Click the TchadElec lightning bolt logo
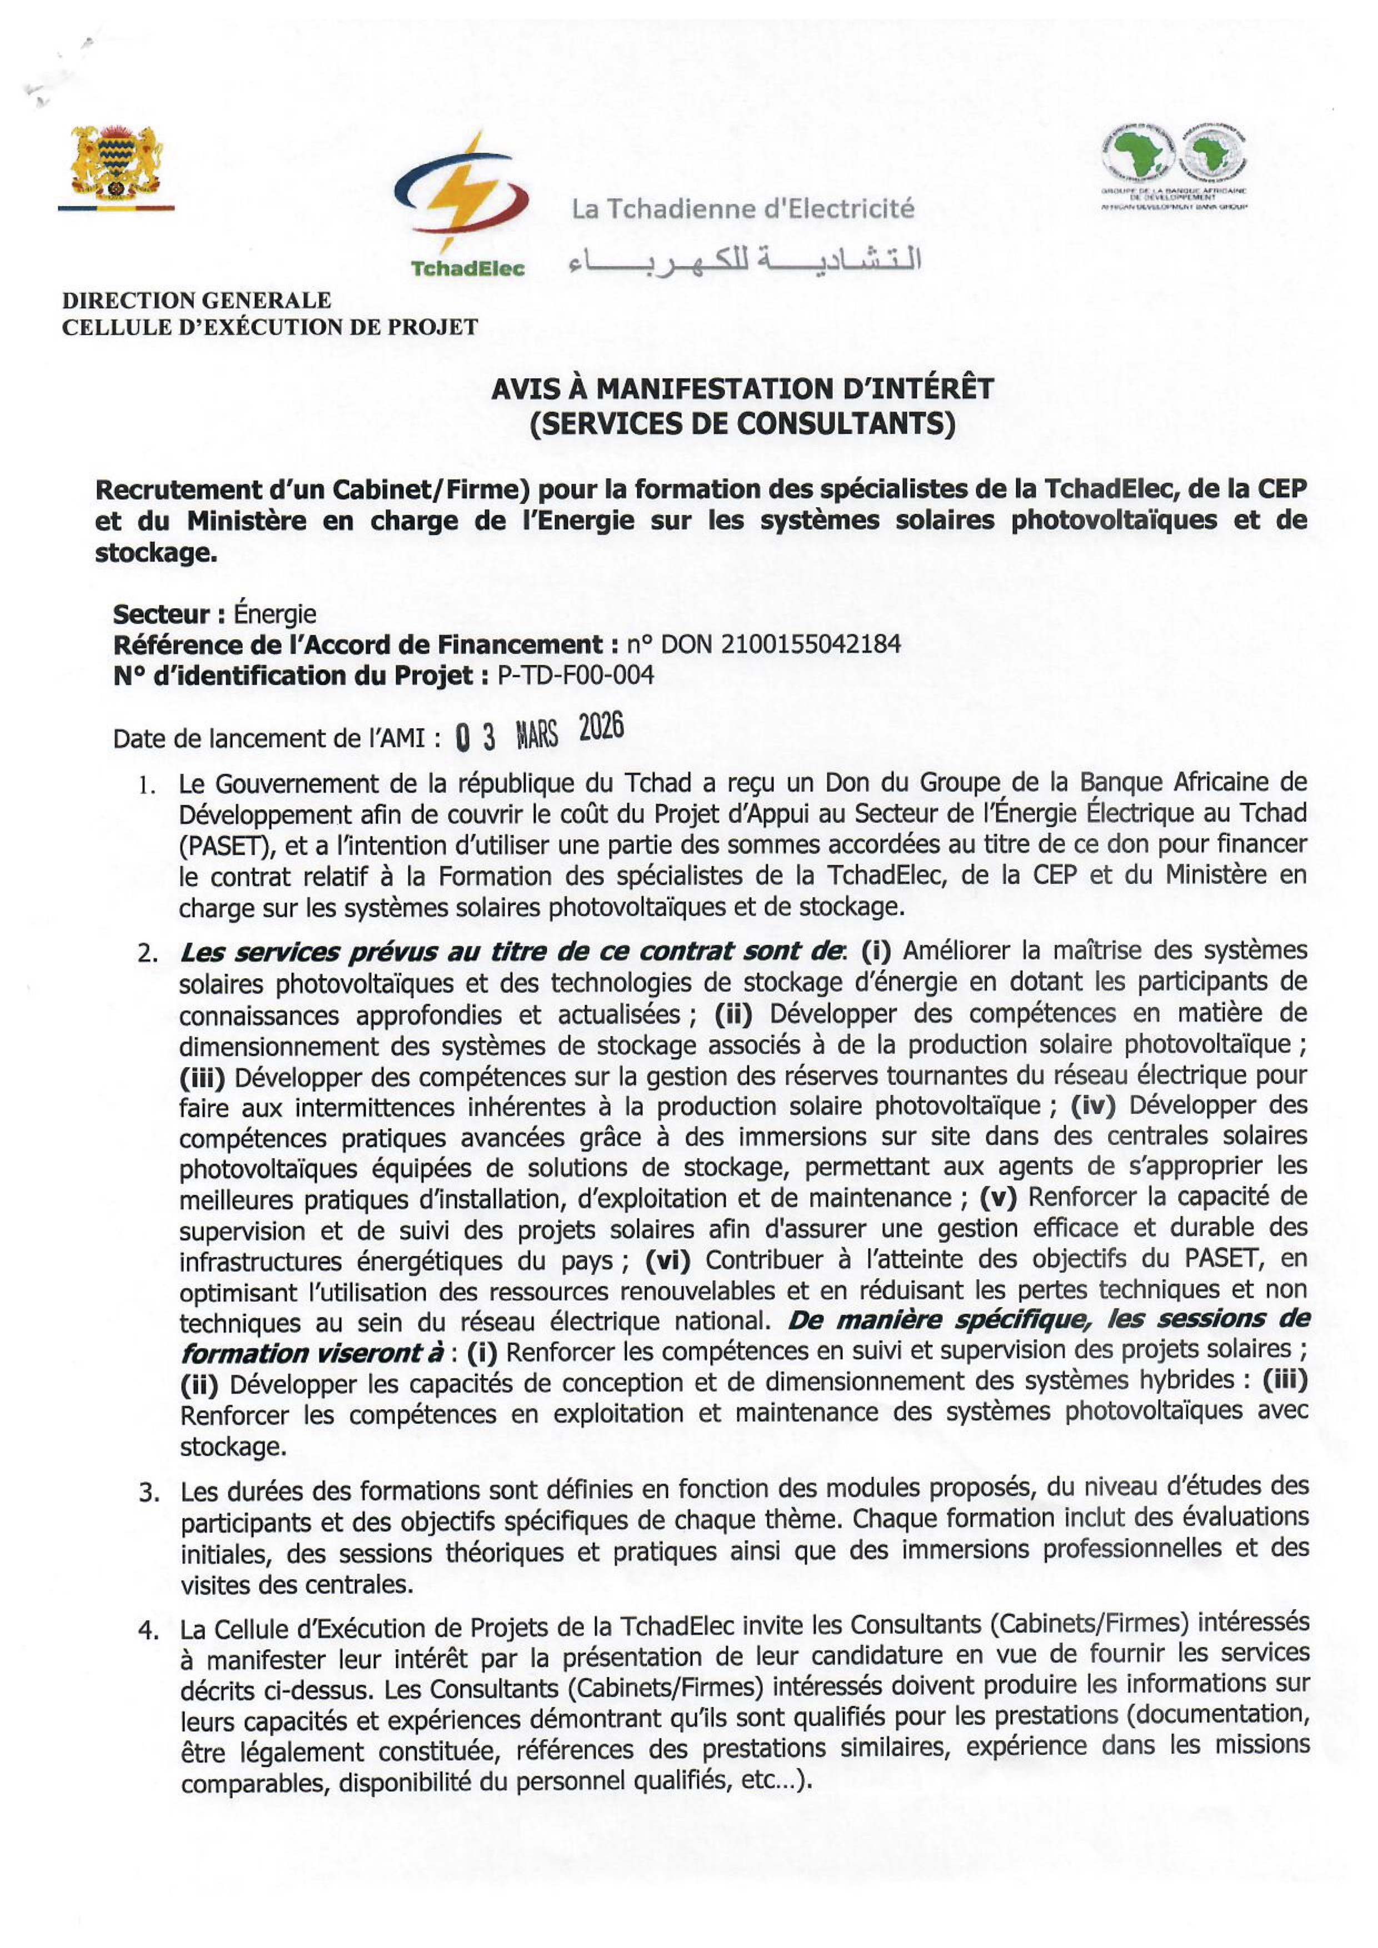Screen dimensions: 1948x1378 point(462,191)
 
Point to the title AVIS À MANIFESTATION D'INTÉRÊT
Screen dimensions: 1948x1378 point(742,389)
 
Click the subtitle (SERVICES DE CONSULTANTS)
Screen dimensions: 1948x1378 point(742,423)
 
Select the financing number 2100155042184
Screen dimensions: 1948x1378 point(810,645)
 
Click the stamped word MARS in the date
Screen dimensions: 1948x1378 point(537,735)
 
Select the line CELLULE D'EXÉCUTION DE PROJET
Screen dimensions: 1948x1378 point(270,328)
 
